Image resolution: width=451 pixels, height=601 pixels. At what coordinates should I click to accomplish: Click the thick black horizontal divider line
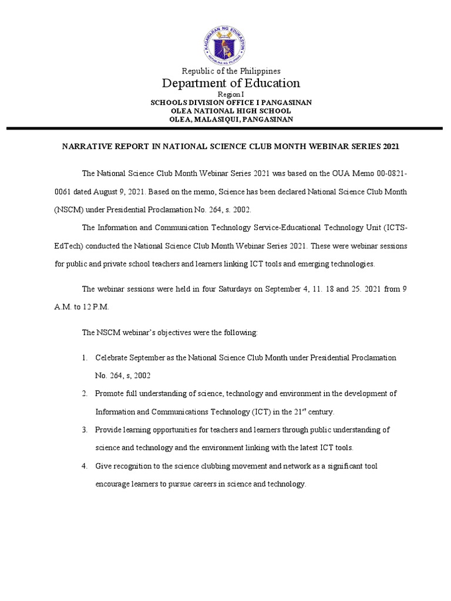point(225,127)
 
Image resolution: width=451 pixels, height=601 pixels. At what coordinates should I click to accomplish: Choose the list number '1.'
point(85,357)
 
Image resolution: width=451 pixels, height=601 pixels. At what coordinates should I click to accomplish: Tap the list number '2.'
point(85,393)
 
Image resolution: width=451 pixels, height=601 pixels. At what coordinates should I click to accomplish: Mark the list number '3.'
point(85,430)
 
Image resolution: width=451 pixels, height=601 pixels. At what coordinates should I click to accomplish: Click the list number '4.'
point(85,466)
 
